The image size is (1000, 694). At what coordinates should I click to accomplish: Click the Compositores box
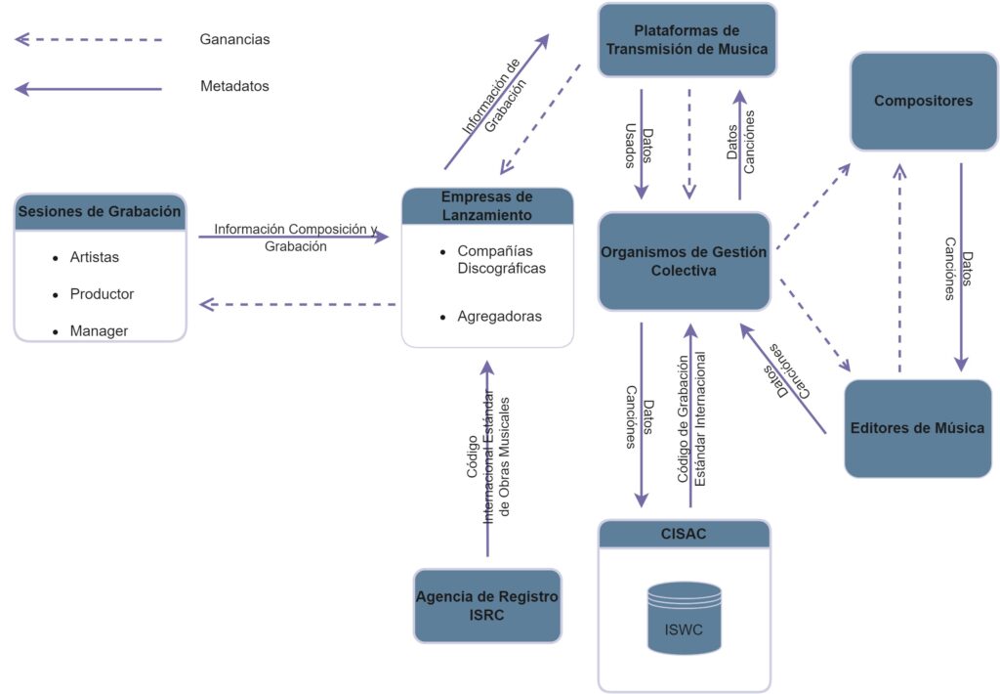click(x=924, y=101)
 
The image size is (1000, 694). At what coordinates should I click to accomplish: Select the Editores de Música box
click(x=917, y=428)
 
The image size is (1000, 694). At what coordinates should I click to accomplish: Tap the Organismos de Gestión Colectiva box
click(x=684, y=261)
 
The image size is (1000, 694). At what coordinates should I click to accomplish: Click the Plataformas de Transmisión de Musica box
click(x=687, y=40)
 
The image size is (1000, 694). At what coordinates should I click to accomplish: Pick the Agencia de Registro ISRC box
click(x=487, y=605)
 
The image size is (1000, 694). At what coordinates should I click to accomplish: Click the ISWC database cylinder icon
click(x=685, y=618)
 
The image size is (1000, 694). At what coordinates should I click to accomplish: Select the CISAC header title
click(x=684, y=534)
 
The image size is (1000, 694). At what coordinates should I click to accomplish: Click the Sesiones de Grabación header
click(x=100, y=211)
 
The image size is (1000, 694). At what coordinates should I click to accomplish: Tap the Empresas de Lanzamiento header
click(x=486, y=206)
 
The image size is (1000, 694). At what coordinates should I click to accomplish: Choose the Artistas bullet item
click(x=95, y=257)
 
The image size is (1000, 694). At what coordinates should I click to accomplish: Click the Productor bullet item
click(x=102, y=294)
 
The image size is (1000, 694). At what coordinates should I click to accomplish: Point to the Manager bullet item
click(x=99, y=331)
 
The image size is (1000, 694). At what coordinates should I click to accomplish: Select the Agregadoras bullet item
click(x=499, y=317)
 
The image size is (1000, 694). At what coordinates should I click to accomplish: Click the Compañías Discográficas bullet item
click(x=501, y=260)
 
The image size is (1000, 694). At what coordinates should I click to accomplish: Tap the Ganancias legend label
click(x=234, y=40)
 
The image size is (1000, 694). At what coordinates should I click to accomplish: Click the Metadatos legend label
click(x=234, y=86)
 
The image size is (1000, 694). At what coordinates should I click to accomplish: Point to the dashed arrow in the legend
click(x=88, y=40)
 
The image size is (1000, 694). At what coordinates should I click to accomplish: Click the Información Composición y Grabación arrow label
click(x=295, y=238)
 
